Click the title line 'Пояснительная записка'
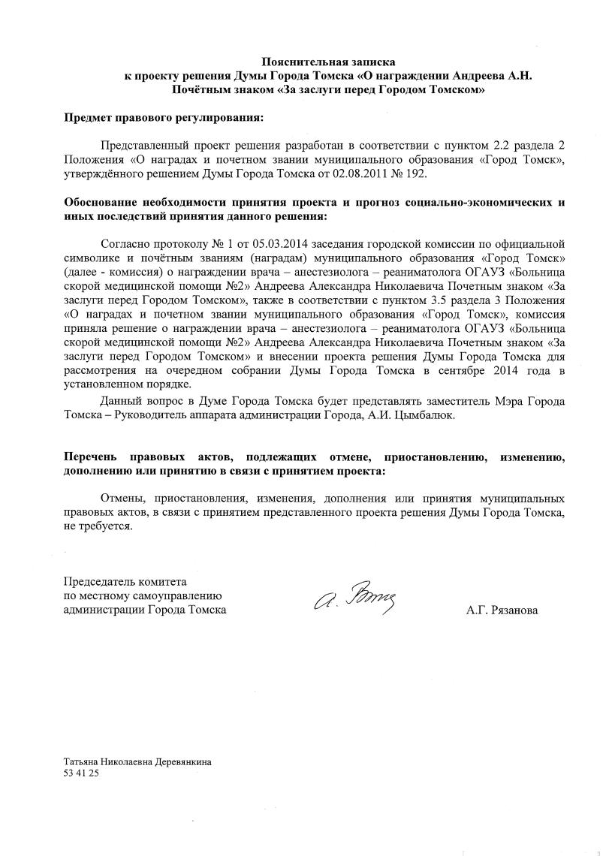327,62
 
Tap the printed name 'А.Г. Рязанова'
502,610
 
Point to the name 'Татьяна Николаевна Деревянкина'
137,761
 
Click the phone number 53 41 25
81,773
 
